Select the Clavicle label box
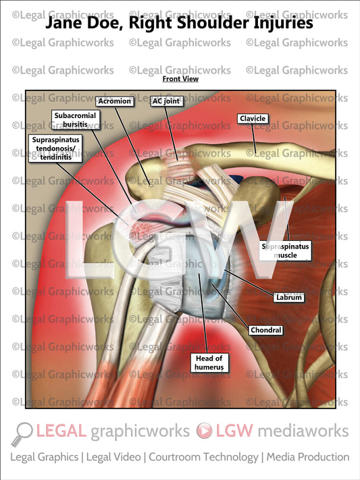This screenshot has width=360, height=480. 253,119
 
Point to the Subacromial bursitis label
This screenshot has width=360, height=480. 74,120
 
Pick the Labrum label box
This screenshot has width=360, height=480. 288,296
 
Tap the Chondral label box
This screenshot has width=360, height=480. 265,331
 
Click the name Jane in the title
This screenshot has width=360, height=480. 65,23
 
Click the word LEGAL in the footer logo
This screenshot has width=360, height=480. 61,431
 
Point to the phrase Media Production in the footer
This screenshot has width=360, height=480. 308,457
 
